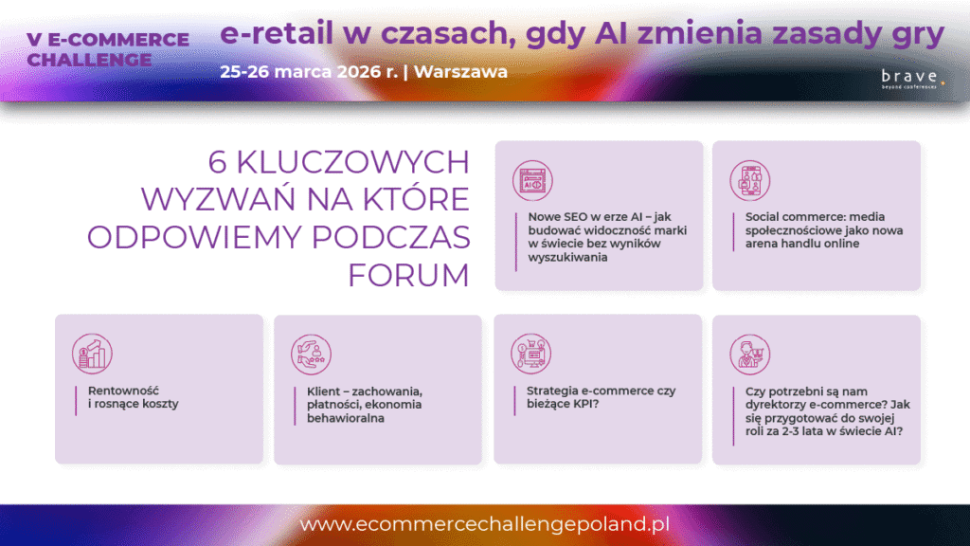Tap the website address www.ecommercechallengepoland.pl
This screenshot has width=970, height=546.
click(485, 523)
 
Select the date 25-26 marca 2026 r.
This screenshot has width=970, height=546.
click(309, 72)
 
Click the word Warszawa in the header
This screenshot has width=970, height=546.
click(461, 72)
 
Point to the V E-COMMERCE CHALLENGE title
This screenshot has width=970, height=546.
click(108, 49)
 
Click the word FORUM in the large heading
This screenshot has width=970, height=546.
click(409, 276)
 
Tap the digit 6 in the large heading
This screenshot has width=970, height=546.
click(217, 162)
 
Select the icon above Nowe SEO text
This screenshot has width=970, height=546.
click(532, 181)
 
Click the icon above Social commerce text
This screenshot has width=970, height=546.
click(750, 181)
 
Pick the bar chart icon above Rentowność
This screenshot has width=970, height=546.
click(92, 355)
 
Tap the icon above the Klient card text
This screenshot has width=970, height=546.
click(311, 355)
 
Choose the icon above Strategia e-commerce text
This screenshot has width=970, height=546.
click(530, 355)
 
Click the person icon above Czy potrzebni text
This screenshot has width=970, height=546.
click(750, 355)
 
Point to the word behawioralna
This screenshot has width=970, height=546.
click(345, 418)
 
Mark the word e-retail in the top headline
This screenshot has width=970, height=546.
click(277, 33)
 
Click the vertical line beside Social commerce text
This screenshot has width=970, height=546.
click(734, 232)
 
